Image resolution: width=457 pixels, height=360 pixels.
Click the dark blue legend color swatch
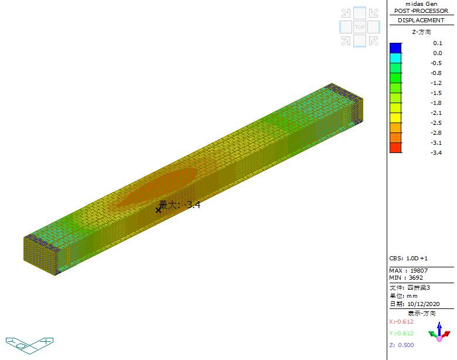click(x=395, y=48)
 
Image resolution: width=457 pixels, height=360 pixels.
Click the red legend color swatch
click(x=395, y=148)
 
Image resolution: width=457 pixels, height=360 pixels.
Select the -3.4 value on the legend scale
click(x=436, y=152)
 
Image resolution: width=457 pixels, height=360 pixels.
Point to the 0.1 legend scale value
click(x=438, y=43)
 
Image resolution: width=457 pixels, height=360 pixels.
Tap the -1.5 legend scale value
click(x=436, y=93)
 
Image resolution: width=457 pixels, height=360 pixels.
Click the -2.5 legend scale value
click(x=436, y=123)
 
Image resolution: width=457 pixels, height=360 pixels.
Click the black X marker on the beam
click(x=158, y=210)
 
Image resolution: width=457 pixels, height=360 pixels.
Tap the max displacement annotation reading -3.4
click(x=179, y=205)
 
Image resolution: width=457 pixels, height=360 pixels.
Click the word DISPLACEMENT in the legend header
click(x=421, y=21)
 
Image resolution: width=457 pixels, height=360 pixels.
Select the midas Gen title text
click(x=421, y=4)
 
